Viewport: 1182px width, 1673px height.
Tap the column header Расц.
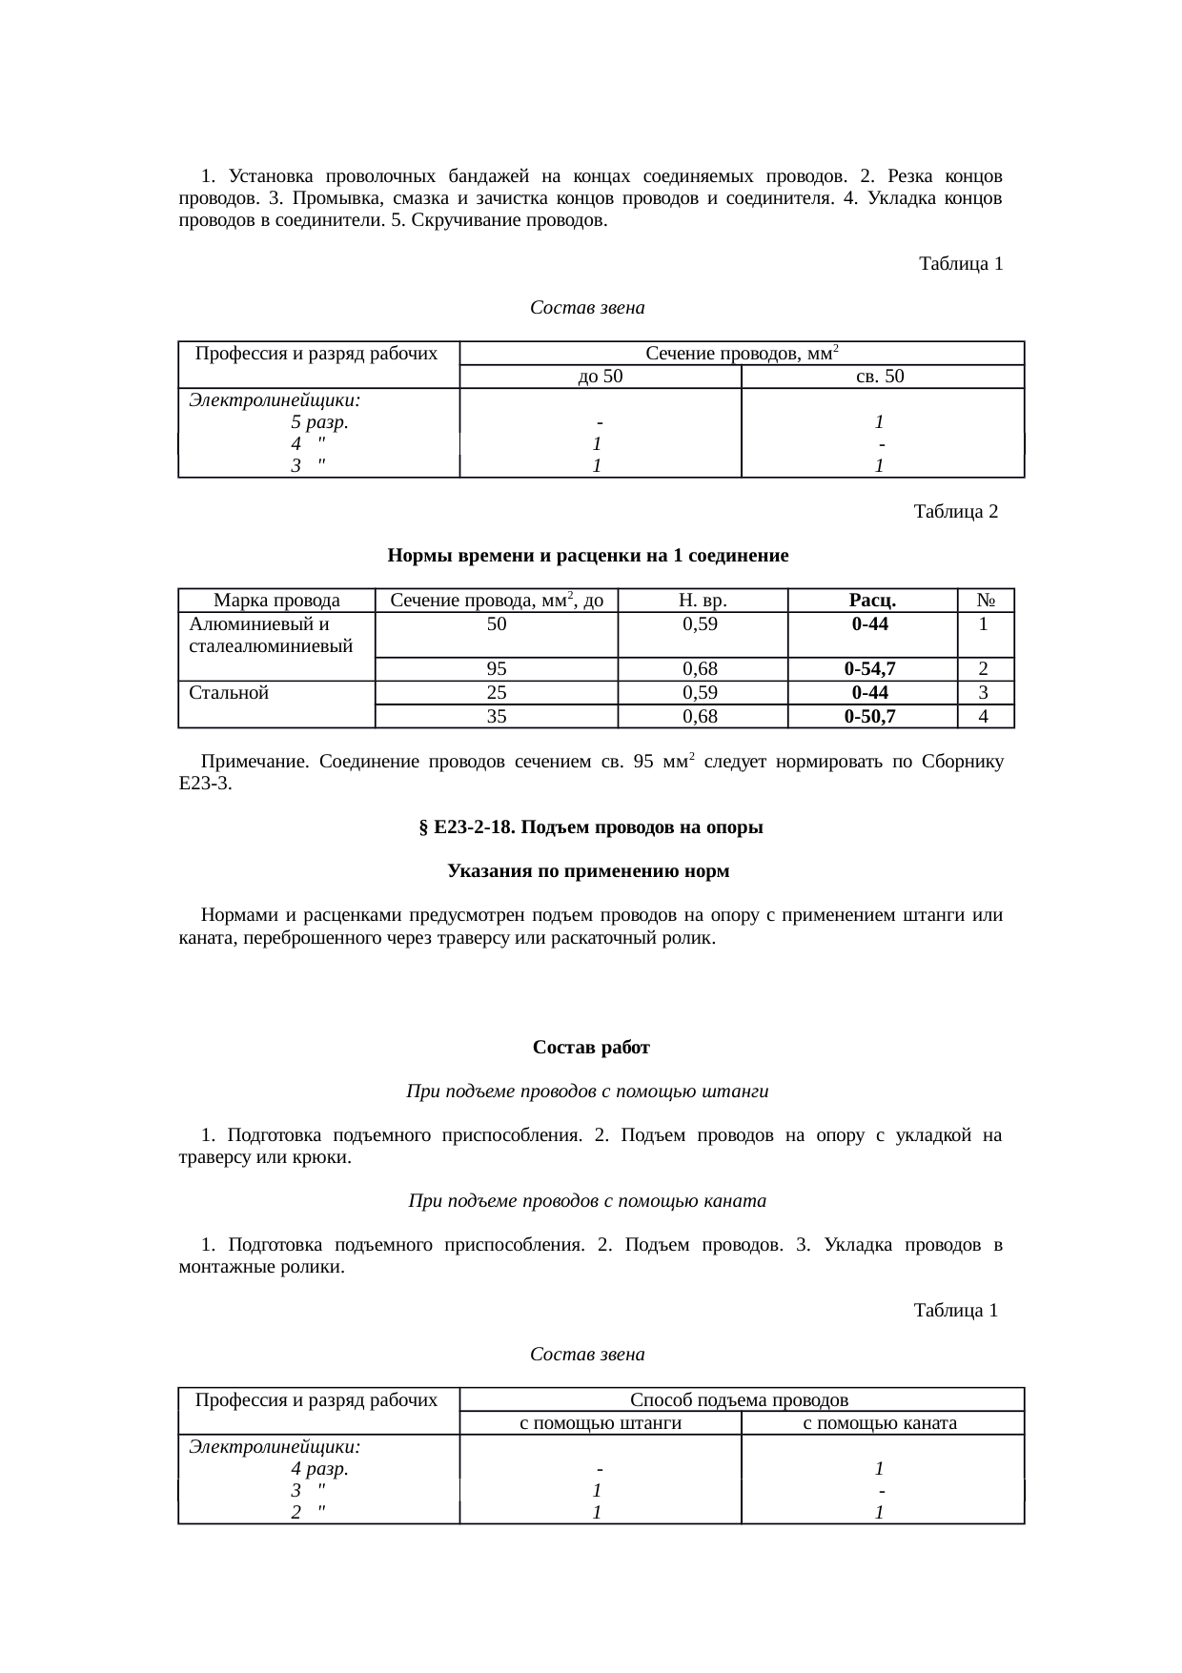pyautogui.click(x=871, y=601)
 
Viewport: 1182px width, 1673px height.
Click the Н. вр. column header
pyautogui.click(x=703, y=601)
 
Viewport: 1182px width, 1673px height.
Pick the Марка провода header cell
pyautogui.click(x=276, y=601)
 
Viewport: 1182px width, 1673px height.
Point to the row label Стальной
pyautogui.click(x=229, y=693)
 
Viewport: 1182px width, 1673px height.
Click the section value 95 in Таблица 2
pyautogui.click(x=496, y=669)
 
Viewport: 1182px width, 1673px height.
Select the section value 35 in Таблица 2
pyautogui.click(x=496, y=716)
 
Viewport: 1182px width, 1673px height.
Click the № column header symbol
pyautogui.click(x=986, y=601)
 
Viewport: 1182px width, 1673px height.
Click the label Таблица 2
pyautogui.click(x=955, y=512)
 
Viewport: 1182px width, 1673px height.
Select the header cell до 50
pyautogui.click(x=600, y=377)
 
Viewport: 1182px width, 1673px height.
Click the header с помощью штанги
pyautogui.click(x=600, y=1423)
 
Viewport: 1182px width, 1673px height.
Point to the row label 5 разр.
pyautogui.click(x=318, y=421)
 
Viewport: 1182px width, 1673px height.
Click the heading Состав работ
pyautogui.click(x=591, y=1048)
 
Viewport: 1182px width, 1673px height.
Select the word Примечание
pyautogui.click(x=252, y=763)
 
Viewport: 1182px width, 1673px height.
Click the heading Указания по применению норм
pyautogui.click(x=588, y=871)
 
